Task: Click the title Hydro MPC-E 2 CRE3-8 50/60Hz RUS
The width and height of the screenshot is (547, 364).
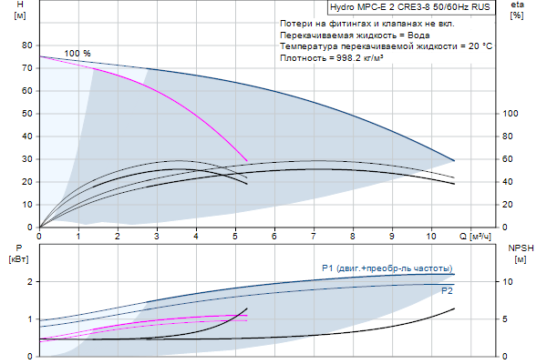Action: coord(402,6)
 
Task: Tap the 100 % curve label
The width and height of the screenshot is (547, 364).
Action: coord(77,54)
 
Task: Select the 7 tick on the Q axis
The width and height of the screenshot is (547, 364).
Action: coord(313,236)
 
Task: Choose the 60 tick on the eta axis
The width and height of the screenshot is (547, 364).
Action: coord(510,159)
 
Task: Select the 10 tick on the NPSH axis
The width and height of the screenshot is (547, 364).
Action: coord(510,282)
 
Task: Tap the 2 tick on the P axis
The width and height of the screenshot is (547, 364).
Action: coord(30,282)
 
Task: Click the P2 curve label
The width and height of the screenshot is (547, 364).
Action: coord(447,291)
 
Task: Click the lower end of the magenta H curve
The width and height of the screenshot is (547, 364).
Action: coord(247,161)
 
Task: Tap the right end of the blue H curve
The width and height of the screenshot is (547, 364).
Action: coord(454,161)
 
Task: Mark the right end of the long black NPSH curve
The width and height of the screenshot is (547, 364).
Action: coord(454,309)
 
